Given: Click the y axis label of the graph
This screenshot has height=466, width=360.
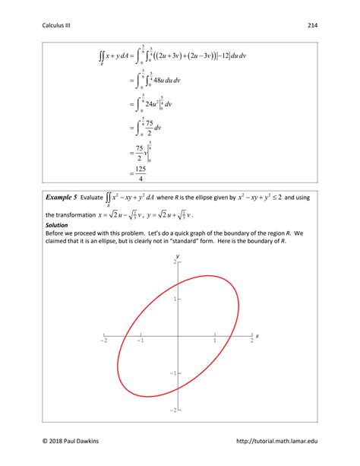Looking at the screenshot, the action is point(177,257).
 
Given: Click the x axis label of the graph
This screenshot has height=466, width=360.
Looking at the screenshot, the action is point(257,335).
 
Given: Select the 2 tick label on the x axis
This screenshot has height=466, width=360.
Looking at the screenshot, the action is point(251,343).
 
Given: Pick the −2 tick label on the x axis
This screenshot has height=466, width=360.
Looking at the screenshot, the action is point(103,343).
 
